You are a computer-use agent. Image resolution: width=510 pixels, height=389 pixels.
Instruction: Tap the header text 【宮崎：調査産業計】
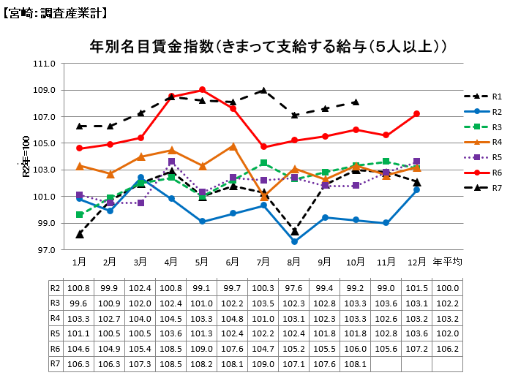coord(56,13)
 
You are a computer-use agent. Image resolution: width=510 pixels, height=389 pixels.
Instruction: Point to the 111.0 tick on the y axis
coord(45,64)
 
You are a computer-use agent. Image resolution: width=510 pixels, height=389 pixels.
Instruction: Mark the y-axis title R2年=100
coord(26,156)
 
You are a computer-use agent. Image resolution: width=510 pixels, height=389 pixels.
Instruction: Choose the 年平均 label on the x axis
coord(447,261)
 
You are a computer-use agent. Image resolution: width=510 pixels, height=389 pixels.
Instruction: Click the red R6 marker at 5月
coord(202,90)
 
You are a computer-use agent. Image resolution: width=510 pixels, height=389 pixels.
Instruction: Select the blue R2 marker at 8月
coord(294,241)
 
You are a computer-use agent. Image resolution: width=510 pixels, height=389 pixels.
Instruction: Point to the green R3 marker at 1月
coord(79,215)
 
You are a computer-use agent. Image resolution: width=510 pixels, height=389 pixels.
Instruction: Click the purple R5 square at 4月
coord(171,162)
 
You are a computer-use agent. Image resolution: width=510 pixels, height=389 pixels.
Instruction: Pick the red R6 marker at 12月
coord(416,114)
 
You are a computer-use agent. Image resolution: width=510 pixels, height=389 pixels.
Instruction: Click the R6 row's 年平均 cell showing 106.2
coord(447,349)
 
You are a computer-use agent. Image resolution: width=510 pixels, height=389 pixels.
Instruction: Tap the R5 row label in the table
coord(56,333)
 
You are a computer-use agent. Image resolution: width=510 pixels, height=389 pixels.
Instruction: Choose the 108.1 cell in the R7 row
coord(356,363)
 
